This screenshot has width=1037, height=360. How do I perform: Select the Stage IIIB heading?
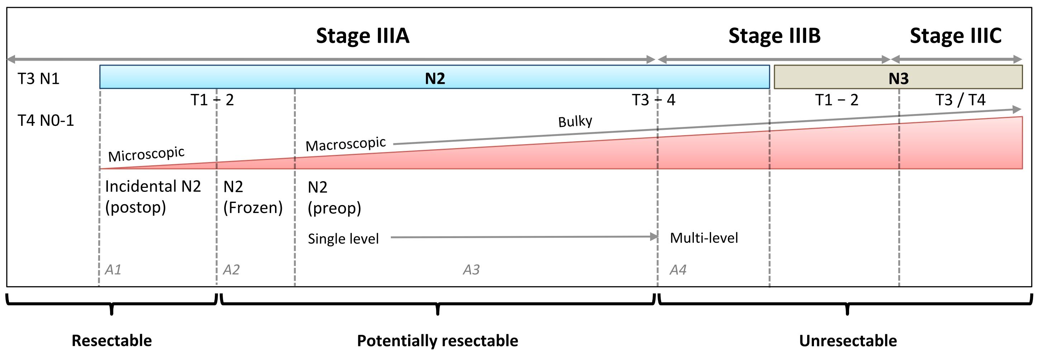pyautogui.click(x=774, y=36)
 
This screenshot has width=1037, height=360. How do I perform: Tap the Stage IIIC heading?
pyautogui.click(x=955, y=36)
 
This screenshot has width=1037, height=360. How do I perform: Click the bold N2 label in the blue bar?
pyautogui.click(x=435, y=78)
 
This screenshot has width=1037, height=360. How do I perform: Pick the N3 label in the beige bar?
pyautogui.click(x=898, y=78)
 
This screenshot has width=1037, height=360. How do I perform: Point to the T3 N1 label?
pyautogui.click(x=39, y=79)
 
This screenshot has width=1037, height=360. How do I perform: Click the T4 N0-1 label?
pyautogui.click(x=46, y=120)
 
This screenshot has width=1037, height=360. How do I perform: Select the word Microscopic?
pyautogui.click(x=146, y=154)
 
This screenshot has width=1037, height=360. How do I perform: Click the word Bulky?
pyautogui.click(x=575, y=121)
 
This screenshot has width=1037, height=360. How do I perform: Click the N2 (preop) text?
pyautogui.click(x=334, y=198)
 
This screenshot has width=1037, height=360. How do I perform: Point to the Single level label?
pyautogui.click(x=343, y=239)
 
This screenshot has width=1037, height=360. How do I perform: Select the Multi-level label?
pyautogui.click(x=704, y=238)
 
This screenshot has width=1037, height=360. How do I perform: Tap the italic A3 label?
pyautogui.click(x=471, y=269)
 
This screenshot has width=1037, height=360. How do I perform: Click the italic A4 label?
pyautogui.click(x=678, y=269)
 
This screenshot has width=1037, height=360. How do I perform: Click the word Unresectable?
pyautogui.click(x=848, y=341)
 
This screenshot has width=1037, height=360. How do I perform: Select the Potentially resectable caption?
pyautogui.click(x=437, y=341)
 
